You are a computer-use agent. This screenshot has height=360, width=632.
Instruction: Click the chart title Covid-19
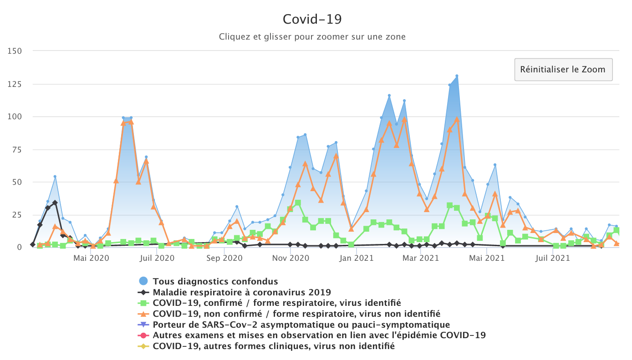(312, 19)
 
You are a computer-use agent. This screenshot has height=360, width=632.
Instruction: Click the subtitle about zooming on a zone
(312, 36)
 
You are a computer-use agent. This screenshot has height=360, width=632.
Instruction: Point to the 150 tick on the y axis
(15, 51)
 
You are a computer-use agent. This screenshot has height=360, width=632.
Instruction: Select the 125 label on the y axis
(15, 84)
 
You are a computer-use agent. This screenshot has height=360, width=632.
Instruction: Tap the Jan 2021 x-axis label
(357, 259)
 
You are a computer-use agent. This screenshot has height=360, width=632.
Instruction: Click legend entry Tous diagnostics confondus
(215, 281)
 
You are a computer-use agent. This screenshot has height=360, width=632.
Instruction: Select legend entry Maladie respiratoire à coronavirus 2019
(241, 292)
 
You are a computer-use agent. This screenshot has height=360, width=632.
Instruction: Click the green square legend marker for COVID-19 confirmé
(143, 303)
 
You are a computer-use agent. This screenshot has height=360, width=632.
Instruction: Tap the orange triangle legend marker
(143, 314)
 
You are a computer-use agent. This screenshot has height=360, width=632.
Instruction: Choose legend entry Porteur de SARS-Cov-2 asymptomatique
(301, 325)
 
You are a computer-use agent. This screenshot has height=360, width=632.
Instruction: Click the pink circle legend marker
(143, 335)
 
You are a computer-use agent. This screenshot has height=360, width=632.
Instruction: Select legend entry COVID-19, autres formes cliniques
(273, 346)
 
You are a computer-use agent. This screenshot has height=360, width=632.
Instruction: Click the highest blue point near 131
(457, 76)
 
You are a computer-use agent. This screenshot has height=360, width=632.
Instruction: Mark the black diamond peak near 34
(55, 203)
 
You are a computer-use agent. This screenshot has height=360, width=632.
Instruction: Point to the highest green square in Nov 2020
(298, 203)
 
